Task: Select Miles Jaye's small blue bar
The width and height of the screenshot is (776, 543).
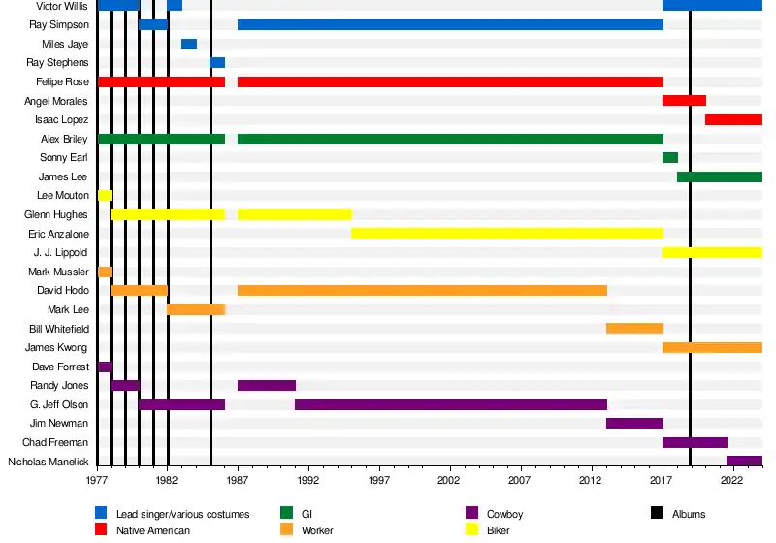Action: tap(189, 44)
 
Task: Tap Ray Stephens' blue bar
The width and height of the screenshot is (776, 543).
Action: tap(217, 63)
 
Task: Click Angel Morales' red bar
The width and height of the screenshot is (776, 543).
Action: tap(684, 101)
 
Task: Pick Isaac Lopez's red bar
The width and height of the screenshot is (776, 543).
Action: tap(733, 119)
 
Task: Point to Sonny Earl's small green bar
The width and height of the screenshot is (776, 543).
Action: tap(670, 157)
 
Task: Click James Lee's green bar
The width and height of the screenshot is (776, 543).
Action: tap(719, 176)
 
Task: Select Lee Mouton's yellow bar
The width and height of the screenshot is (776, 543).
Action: tap(105, 196)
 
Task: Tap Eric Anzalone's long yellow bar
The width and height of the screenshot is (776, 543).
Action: tap(507, 234)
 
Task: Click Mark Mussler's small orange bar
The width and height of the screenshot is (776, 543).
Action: tap(105, 271)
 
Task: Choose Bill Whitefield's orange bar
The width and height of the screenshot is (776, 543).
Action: tap(634, 329)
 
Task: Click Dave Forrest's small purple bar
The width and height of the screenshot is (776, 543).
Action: tap(105, 367)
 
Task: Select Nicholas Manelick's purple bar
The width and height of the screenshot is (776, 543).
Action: tap(744, 462)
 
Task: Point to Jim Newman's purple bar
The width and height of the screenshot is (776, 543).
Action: tap(634, 424)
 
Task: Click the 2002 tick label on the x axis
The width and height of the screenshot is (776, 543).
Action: tap(449, 480)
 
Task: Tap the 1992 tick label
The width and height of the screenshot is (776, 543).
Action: tap(308, 480)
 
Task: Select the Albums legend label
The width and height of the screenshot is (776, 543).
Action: tap(689, 514)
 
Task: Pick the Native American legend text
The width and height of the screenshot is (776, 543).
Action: tap(153, 530)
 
